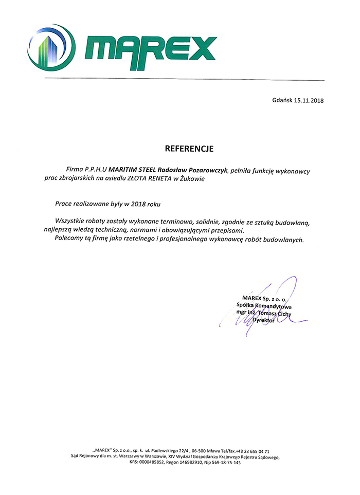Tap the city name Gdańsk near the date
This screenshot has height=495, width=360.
tap(282, 101)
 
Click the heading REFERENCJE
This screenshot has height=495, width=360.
tap(188, 149)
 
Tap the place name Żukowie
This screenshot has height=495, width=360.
tap(191, 179)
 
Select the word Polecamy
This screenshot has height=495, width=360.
tap(70, 240)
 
